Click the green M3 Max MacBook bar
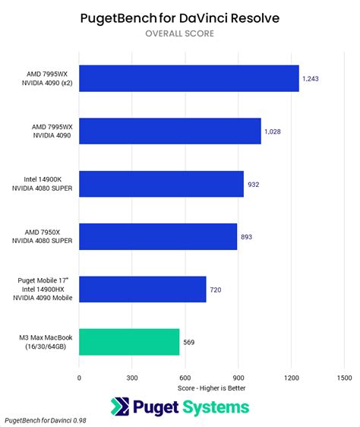[129, 342]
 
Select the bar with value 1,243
[189, 78]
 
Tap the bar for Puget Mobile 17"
[143, 289]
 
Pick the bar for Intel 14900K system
[161, 184]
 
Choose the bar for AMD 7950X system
[158, 236]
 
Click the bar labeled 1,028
[170, 131]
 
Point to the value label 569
[188, 343]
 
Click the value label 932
[253, 185]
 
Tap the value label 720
[216, 289]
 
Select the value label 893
[246, 237]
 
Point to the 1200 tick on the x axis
[292, 378]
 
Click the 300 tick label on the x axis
[132, 378]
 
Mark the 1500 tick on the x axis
[345, 378]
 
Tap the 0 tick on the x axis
[79, 378]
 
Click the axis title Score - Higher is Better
[211, 388]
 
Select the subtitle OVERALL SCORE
[180, 33]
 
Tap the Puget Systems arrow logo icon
[120, 406]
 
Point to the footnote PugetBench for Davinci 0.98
[46, 420]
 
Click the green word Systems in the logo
[216, 408]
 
